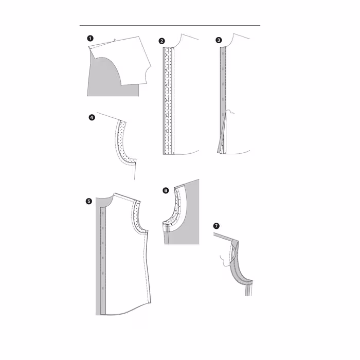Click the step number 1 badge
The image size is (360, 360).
pos(90,39)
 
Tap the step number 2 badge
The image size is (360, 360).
pos(161,41)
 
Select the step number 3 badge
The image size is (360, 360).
pos(219,40)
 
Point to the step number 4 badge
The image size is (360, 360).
pos(92,118)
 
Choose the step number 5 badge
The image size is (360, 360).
pos(88,202)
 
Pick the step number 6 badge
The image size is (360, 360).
pos(166,190)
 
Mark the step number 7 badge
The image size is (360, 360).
pos(217,226)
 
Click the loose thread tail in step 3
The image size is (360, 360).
pos(230,113)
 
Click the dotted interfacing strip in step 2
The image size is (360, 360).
pos(168,101)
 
